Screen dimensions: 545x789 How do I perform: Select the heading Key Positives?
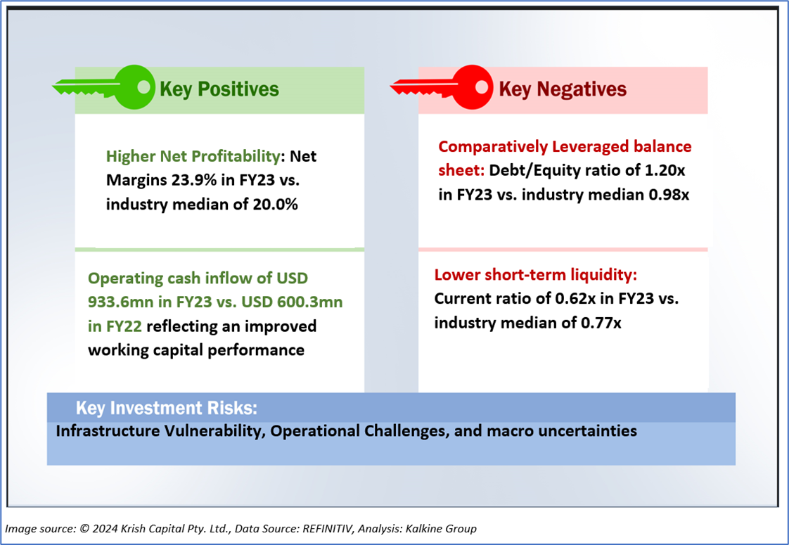point(219,89)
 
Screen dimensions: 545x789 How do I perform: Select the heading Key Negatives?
point(563,89)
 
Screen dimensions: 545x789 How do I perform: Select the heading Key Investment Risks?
point(166,408)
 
